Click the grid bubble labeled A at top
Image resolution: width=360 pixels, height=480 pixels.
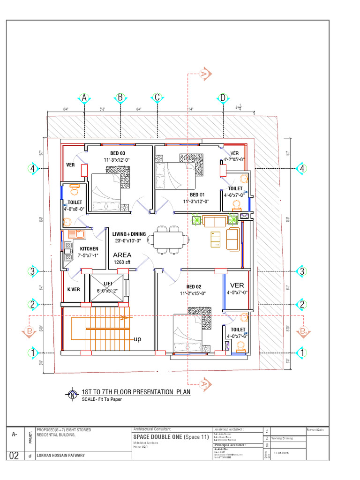pos(84,98)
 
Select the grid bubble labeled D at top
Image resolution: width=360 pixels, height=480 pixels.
pos(223,98)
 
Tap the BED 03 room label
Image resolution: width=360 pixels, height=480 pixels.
pos(118,153)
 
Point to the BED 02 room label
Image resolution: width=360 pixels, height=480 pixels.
pos(194,286)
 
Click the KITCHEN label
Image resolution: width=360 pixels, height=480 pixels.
pos(89,248)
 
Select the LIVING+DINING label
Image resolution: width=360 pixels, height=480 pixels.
pos(129,234)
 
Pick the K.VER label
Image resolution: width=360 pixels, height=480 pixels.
pos(74,289)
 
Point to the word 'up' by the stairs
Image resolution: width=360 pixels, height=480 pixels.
pos(137,338)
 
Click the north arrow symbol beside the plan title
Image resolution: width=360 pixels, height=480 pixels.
pos(73,394)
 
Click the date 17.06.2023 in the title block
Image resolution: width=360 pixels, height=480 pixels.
pos(282,453)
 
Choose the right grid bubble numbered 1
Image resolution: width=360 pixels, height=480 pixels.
pos(302,352)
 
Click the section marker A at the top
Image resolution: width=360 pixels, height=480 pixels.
pos(204,74)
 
